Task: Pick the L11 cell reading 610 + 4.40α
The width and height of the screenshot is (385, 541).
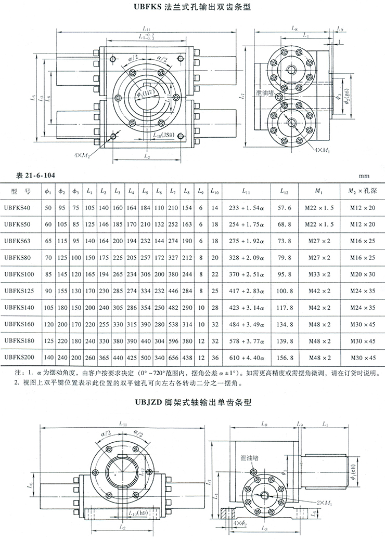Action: pyautogui.click(x=246, y=358)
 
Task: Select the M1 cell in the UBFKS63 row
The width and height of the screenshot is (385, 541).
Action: pyautogui.click(x=321, y=241)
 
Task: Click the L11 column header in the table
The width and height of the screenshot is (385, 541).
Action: pyautogui.click(x=246, y=191)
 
